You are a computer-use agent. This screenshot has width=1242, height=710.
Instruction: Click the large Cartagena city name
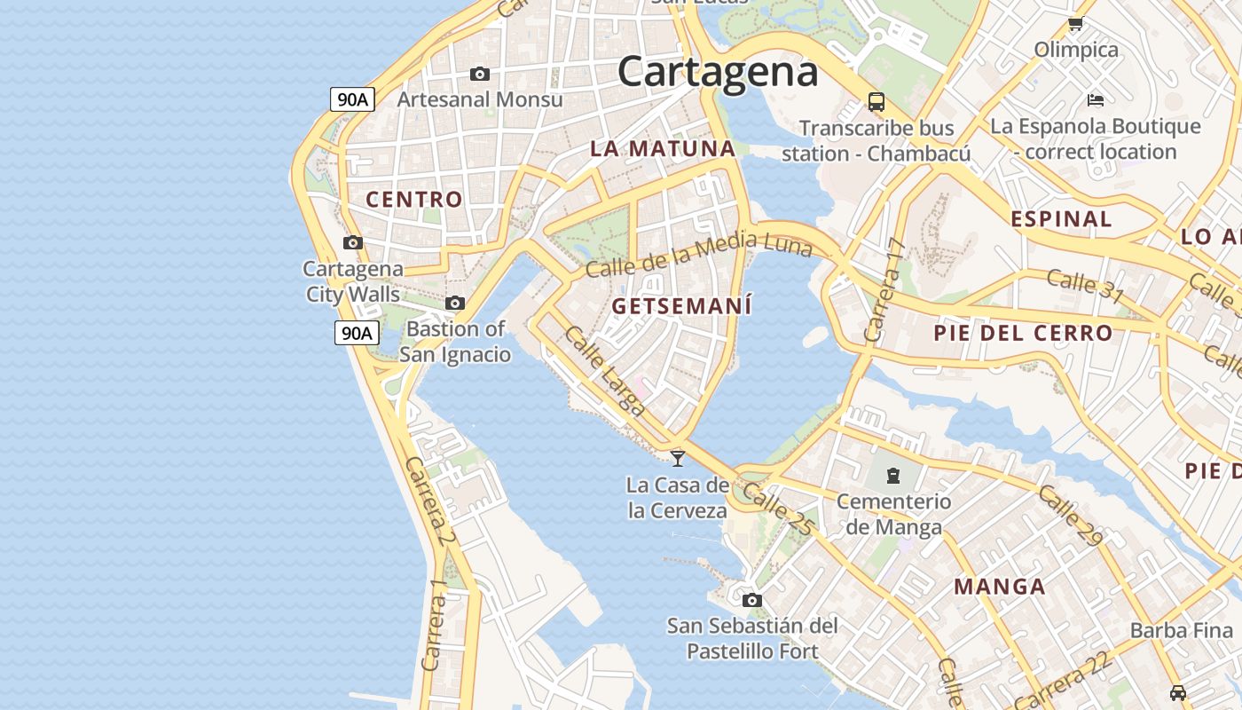pyautogui.click(x=718, y=72)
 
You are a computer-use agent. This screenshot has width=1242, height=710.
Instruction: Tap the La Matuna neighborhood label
pyautogui.click(x=663, y=149)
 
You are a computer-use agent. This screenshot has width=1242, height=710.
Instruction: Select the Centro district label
pyautogui.click(x=414, y=200)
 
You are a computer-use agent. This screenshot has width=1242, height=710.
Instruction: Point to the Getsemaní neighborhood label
pyautogui.click(x=681, y=306)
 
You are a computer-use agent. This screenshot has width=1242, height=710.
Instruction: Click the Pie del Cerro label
pyautogui.click(x=1023, y=334)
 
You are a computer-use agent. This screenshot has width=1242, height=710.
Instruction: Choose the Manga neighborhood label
pyautogui.click(x=1000, y=587)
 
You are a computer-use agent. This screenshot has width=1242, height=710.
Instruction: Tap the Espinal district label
pyautogui.click(x=1061, y=219)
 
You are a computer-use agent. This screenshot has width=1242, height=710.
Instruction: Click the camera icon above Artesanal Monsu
pyautogui.click(x=480, y=74)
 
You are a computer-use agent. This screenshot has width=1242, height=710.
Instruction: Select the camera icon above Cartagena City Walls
pyautogui.click(x=352, y=242)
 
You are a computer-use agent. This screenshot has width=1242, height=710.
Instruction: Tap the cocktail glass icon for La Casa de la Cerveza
pyautogui.click(x=678, y=458)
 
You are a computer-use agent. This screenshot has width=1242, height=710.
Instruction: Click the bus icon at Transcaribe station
pyautogui.click(x=876, y=101)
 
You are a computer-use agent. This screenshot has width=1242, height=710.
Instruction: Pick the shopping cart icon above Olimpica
pyautogui.click(x=1076, y=24)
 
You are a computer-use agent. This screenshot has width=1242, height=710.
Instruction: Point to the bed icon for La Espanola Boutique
pyautogui.click(x=1096, y=99)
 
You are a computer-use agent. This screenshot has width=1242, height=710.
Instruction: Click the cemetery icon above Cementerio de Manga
pyautogui.click(x=893, y=476)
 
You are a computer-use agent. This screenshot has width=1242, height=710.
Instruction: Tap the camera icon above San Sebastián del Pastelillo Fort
pyautogui.click(x=752, y=600)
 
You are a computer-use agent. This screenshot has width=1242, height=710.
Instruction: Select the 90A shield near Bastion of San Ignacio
pyautogui.click(x=357, y=333)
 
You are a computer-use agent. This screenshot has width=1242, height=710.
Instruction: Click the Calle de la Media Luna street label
pyautogui.click(x=699, y=253)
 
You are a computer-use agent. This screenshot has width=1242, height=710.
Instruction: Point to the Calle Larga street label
pyautogui.click(x=605, y=371)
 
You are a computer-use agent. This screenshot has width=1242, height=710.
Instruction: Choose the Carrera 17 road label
pyautogui.click(x=884, y=290)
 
